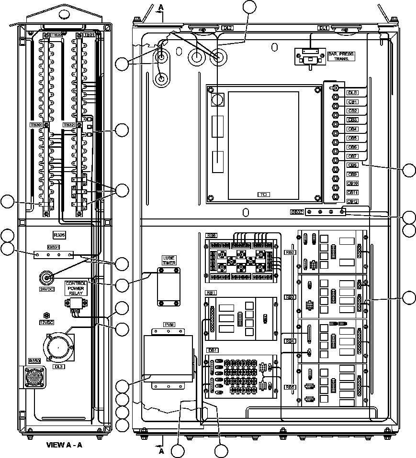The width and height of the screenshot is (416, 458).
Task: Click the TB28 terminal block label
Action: pos(56,35)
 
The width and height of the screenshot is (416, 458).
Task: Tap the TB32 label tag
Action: pos(68,124)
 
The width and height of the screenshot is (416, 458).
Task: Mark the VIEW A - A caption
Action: pos(64,445)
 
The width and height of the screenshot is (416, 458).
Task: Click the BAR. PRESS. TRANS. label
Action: pos(340,56)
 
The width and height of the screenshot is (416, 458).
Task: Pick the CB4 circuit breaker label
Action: pos(352,129)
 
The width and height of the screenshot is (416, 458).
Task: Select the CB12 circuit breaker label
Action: pos(352,201)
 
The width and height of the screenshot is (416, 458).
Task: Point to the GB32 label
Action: pos(297,212)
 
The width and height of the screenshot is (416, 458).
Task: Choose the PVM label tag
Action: pos(169,324)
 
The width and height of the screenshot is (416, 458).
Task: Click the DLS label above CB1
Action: pos(352,92)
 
